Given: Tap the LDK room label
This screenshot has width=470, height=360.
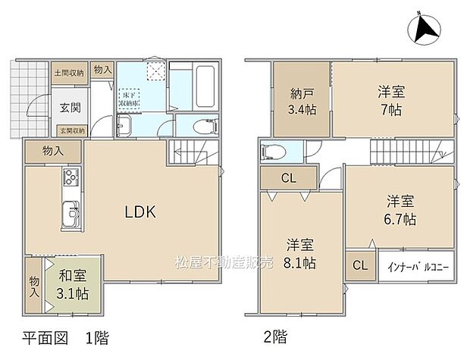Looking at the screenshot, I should pos(140,212).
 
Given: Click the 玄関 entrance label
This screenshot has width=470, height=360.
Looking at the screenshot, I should pos(61,107).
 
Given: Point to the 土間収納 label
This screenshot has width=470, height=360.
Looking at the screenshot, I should pos(68,74).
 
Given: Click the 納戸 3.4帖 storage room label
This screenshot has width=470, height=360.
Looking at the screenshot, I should pos(301,101).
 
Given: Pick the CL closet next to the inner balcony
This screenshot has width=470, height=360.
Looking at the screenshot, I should pos(360,266).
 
